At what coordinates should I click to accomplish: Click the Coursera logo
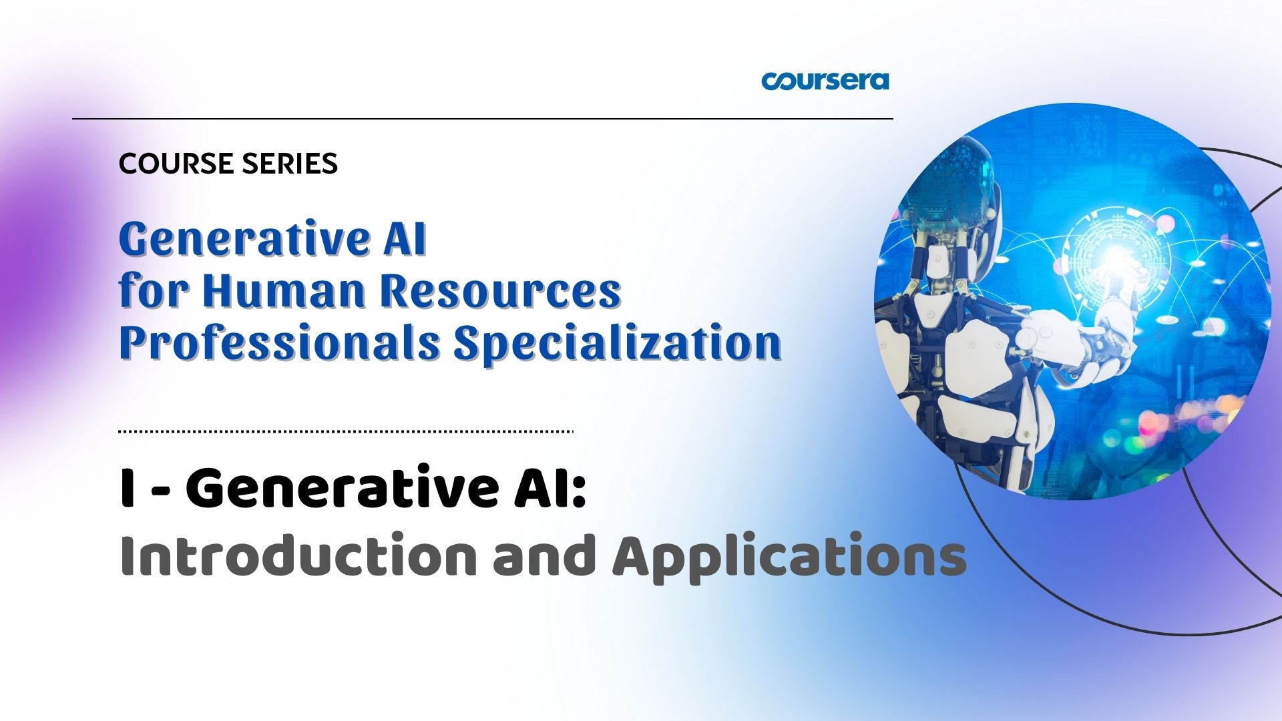(825, 81)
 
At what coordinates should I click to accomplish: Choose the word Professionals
(280, 343)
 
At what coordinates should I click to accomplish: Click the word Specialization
(618, 343)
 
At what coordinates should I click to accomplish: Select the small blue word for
(155, 291)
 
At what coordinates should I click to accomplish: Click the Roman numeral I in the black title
(125, 489)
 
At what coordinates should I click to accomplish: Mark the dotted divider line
(346, 432)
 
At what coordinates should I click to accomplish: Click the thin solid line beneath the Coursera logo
(483, 119)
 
